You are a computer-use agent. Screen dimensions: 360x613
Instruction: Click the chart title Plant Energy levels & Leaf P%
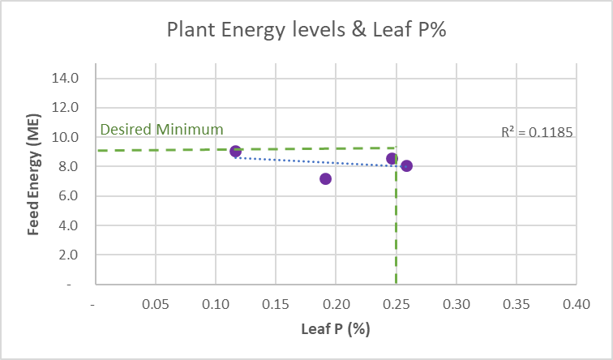(x=306, y=29)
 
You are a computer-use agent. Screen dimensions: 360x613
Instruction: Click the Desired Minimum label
(x=161, y=130)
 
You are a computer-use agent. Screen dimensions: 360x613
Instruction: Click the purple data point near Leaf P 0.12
(x=235, y=152)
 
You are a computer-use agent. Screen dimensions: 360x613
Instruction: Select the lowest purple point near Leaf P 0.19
(x=325, y=178)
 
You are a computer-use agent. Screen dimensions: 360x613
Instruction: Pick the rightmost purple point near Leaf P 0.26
(x=406, y=165)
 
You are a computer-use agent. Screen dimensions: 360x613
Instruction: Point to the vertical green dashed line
(x=396, y=227)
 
